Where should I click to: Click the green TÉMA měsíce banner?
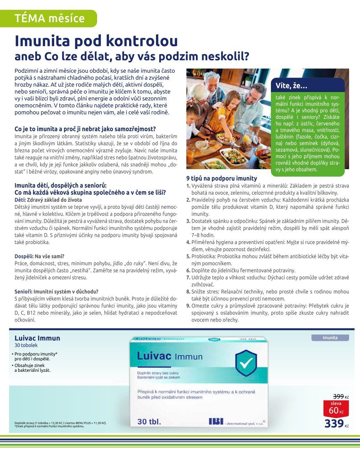click(49, 18)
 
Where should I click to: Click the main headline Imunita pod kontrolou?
click(96, 41)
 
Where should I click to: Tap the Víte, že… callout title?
click(292, 86)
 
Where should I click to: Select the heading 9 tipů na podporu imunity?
click(221, 178)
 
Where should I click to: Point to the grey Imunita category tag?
click(330, 338)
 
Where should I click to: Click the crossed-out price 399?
click(339, 396)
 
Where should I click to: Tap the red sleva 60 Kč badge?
click(336, 408)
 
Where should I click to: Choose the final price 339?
click(334, 423)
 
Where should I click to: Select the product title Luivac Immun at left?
click(37, 338)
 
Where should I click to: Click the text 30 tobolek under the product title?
click(26, 345)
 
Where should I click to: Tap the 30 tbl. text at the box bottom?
click(149, 422)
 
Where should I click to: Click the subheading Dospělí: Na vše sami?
click(39, 256)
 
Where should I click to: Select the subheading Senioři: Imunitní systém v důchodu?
click(56, 291)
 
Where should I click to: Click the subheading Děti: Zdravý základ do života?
click(48, 200)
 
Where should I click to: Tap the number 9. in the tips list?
click(188, 306)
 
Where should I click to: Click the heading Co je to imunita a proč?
click(85, 129)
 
